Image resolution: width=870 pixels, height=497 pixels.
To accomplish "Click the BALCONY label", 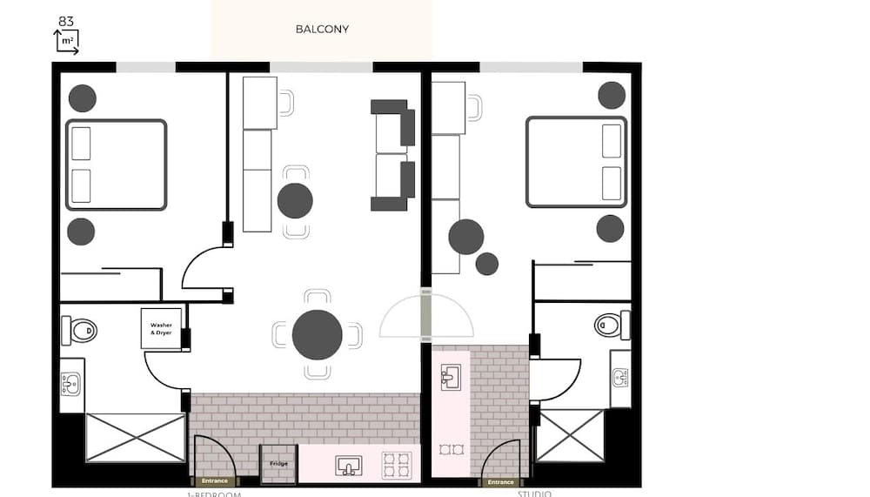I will [x=322, y=29].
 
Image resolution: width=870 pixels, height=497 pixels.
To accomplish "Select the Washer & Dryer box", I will [x=161, y=329].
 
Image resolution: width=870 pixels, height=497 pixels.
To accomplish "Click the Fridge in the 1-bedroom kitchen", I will [x=278, y=463].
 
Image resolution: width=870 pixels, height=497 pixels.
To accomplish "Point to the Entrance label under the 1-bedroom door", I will [x=214, y=481].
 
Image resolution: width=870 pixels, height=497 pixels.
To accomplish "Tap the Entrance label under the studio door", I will [x=500, y=481].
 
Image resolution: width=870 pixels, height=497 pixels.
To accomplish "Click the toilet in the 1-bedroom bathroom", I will [x=81, y=330].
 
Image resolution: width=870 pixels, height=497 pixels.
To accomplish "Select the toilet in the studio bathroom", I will [x=611, y=326].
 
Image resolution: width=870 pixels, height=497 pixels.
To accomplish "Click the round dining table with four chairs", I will [x=317, y=335].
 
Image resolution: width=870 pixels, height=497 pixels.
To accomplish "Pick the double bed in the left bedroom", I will [x=116, y=165].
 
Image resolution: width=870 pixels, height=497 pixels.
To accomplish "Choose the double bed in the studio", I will [x=576, y=162].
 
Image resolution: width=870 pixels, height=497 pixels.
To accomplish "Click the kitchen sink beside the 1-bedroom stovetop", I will [x=349, y=466].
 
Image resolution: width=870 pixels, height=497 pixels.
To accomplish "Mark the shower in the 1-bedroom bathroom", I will [x=135, y=438].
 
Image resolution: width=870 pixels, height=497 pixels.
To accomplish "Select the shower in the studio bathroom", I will [x=570, y=435].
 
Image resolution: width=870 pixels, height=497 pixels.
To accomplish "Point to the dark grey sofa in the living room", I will [x=393, y=155].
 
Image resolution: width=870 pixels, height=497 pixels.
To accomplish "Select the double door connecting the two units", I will [x=426, y=315].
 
